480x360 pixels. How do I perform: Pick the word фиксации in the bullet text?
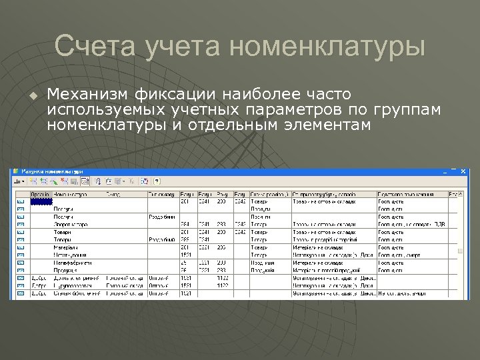pyautogui.click(x=175, y=94)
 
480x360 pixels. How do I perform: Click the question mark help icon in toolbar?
pyautogui.click(x=157, y=181)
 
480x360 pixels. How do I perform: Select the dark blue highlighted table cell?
pyautogui.click(x=41, y=201)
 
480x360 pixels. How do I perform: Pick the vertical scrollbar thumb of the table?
pyautogui.click(x=460, y=251)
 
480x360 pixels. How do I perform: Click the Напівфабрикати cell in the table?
pyautogui.click(x=73, y=262)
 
